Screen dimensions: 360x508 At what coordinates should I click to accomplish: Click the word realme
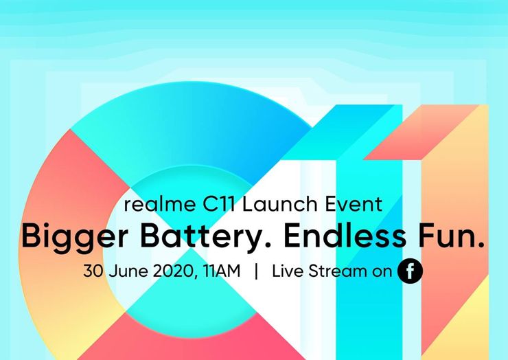[x=152, y=204]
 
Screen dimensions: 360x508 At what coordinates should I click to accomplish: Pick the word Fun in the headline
[x=450, y=236]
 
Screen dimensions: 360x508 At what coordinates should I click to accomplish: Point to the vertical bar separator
[x=256, y=271]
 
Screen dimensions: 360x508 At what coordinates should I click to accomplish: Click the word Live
[x=288, y=271]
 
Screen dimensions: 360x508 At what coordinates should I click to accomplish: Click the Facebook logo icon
[x=410, y=271]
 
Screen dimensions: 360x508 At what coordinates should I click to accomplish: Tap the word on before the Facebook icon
[x=382, y=272]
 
